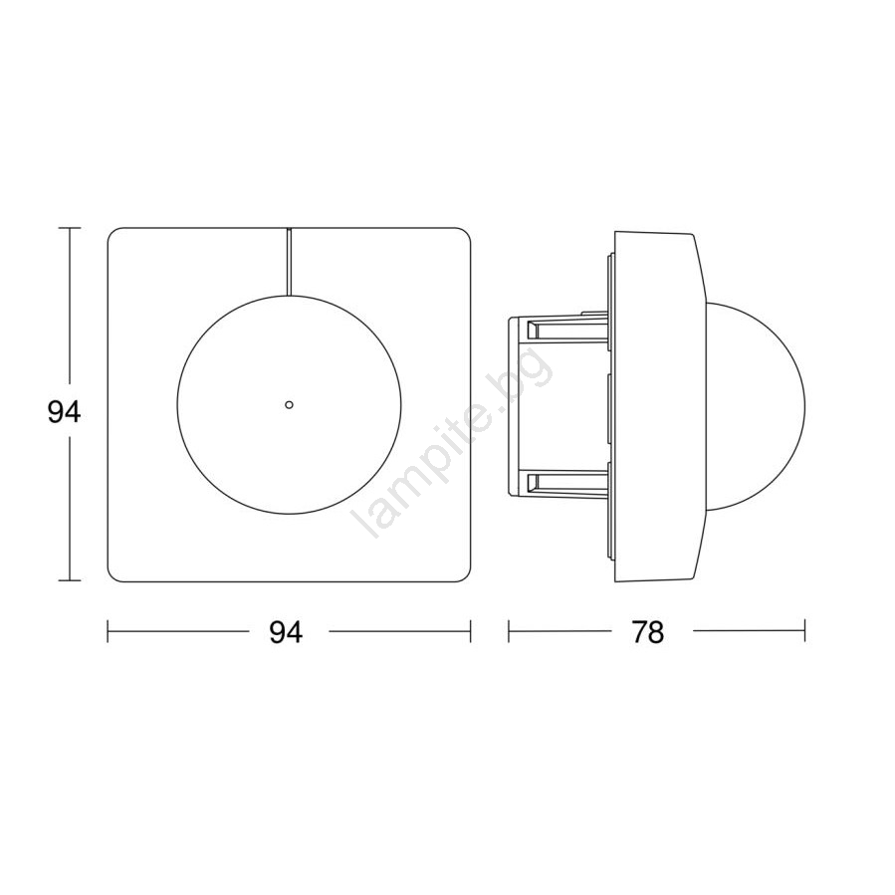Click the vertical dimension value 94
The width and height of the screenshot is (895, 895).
click(65, 412)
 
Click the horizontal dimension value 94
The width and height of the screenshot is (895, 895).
click(286, 632)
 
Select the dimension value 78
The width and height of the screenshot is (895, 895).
click(647, 632)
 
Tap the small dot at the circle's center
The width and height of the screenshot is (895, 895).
click(289, 404)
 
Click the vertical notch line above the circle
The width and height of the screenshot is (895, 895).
click(289, 262)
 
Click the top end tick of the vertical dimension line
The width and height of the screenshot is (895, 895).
click(70, 228)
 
